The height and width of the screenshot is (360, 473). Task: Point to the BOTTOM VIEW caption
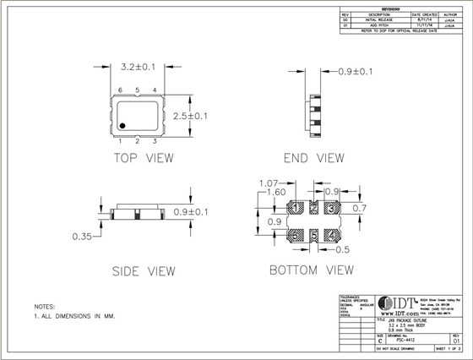311,272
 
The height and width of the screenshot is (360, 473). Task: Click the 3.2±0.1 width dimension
137,63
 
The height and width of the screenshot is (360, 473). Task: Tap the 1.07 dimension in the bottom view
268,182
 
